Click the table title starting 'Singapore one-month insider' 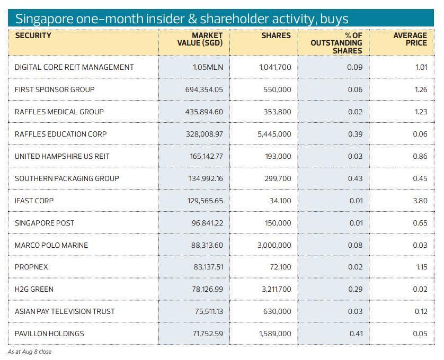(181, 19)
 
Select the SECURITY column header (33, 36)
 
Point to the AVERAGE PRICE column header (410, 39)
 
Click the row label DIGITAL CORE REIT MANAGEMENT (74, 67)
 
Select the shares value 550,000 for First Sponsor (277, 89)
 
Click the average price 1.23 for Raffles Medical (421, 112)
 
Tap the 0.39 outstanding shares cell (355, 134)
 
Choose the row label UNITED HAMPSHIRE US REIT (62, 156)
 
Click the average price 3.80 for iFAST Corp (420, 201)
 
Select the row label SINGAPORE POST (45, 223)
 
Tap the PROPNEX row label (31, 267)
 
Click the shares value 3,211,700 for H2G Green (274, 290)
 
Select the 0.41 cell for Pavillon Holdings (355, 334)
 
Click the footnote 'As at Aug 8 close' (30, 352)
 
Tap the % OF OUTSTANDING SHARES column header (336, 43)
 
